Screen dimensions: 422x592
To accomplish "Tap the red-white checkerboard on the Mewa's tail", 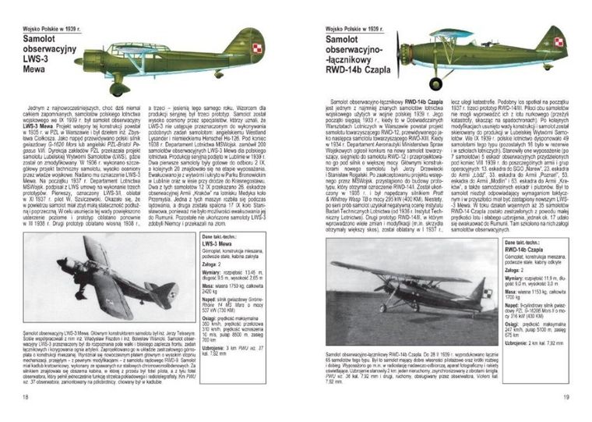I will [x=258, y=48].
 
